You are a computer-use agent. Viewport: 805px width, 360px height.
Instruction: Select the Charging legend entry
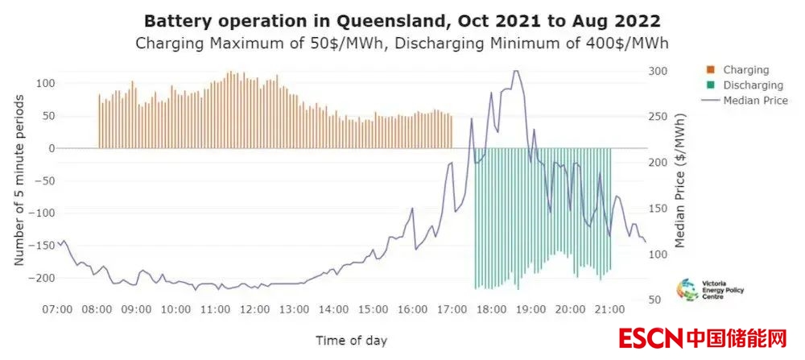pos(745,70)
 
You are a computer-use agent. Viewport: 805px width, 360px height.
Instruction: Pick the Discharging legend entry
pos(753,85)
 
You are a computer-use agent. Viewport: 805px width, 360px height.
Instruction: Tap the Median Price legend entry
pos(754,101)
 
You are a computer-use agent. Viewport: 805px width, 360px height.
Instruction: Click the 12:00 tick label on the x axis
pos(254,309)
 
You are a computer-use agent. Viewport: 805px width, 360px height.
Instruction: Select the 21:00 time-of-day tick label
pos(609,309)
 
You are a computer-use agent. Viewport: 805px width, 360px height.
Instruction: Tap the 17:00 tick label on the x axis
pos(452,309)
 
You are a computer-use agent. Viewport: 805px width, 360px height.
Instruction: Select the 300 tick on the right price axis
pos(658,71)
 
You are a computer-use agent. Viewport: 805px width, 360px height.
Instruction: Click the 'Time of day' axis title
pos(351,340)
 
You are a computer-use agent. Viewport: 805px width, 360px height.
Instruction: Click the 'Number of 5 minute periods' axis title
pos(19,180)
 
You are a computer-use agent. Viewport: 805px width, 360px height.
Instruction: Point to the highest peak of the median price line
pos(515,71)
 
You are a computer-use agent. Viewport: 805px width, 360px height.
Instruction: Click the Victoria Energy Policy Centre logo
pos(699,290)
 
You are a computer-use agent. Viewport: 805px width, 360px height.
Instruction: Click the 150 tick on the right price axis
pos(658,209)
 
